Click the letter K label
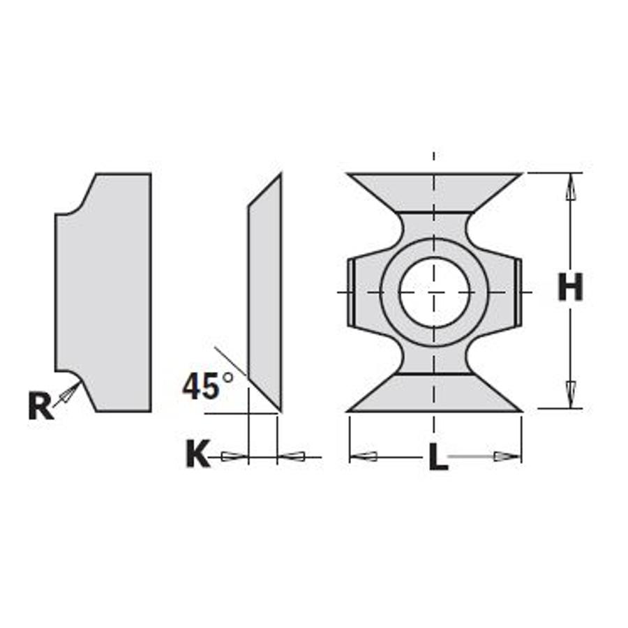pyautogui.click(x=198, y=454)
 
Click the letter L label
pyautogui.click(x=438, y=457)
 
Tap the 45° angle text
pyautogui.click(x=207, y=386)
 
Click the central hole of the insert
pyautogui.click(x=434, y=292)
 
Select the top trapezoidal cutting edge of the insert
pyautogui.click(x=434, y=193)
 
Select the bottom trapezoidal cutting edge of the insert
pyautogui.click(x=434, y=393)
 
